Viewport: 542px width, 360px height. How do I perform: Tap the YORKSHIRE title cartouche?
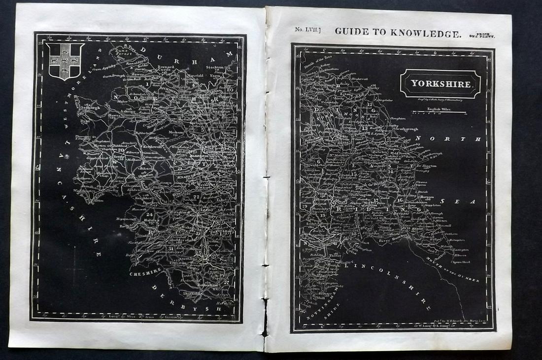tap(440, 84)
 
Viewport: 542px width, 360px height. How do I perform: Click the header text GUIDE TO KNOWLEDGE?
tap(398, 33)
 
